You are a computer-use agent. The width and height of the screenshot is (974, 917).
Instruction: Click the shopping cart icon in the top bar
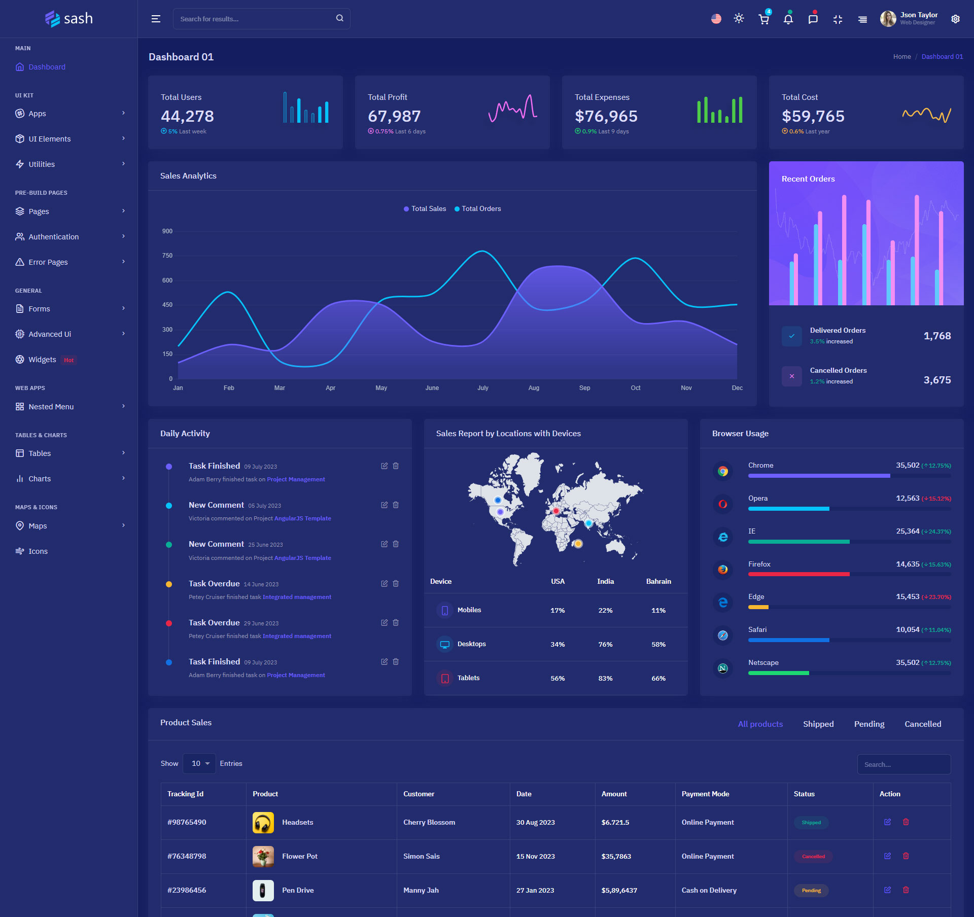763,19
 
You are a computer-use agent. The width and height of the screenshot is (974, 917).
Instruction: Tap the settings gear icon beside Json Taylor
955,19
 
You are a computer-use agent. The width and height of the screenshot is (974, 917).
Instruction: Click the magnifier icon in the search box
339,18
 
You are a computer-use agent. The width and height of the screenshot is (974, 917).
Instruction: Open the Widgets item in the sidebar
42,360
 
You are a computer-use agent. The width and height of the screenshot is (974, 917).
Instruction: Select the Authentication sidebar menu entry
53,237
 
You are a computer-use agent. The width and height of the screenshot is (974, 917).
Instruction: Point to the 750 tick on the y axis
167,256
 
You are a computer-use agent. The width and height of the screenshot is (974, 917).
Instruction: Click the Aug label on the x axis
534,388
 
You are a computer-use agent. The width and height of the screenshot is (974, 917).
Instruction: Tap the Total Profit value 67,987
394,116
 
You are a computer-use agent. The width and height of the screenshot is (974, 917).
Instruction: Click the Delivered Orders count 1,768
937,336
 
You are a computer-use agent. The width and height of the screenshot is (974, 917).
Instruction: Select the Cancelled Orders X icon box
791,376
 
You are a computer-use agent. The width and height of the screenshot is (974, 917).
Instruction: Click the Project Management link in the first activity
296,479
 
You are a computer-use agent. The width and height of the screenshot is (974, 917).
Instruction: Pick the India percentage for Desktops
605,645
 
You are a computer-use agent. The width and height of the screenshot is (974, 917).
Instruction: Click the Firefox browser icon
723,570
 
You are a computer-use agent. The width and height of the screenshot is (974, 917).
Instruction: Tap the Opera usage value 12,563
907,498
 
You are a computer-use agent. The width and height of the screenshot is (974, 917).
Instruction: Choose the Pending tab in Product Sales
869,724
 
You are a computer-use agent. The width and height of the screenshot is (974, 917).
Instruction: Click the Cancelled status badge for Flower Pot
813,857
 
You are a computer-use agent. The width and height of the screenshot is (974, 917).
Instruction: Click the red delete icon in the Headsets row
906,822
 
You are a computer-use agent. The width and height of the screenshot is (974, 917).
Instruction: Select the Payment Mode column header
705,794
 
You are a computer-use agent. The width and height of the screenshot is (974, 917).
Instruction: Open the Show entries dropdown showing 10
199,764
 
